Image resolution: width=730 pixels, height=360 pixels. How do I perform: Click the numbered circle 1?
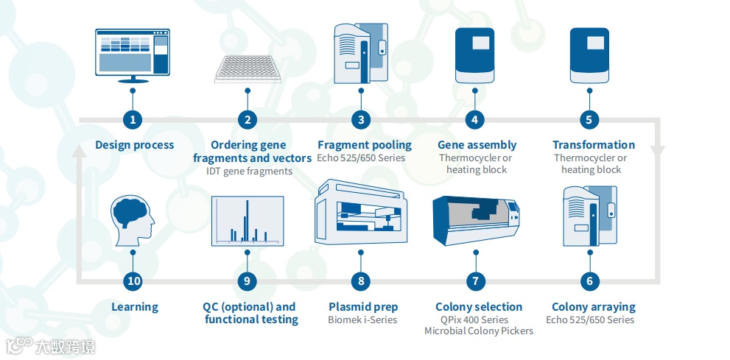(133, 119)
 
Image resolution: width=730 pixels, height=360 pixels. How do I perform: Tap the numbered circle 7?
(475, 280)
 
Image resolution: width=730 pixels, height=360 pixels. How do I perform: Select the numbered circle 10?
(133, 280)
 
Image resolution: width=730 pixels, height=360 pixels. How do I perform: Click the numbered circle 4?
(475, 119)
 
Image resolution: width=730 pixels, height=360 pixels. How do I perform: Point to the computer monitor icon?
(133, 55)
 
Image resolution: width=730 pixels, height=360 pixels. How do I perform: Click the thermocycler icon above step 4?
(476, 54)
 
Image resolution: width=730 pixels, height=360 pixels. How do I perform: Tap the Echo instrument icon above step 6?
(589, 216)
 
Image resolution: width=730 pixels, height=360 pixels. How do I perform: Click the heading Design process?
(135, 145)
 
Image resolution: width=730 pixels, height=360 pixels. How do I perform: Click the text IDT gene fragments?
(250, 171)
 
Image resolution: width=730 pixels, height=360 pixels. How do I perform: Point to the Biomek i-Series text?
(362, 320)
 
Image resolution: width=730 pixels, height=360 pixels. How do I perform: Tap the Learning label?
(135, 307)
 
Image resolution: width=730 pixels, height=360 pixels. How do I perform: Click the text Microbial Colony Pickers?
(479, 331)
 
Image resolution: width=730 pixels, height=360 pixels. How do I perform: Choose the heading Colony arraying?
(594, 307)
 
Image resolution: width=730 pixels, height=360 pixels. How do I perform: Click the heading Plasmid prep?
(363, 307)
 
